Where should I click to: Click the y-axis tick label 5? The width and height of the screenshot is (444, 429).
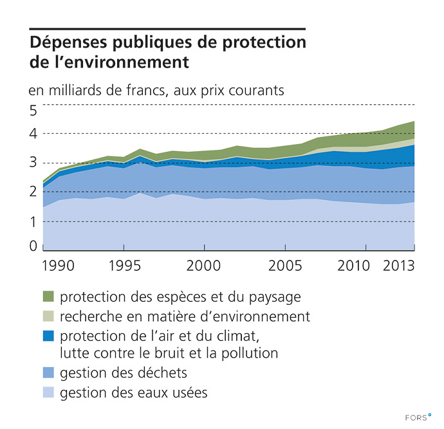coord(33,110)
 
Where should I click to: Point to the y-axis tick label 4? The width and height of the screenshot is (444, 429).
coord(33,134)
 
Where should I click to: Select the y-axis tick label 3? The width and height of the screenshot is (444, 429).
coord(33,163)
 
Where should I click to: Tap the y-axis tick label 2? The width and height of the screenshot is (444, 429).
coord(33,192)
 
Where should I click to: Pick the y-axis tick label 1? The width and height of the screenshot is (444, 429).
coord(33,221)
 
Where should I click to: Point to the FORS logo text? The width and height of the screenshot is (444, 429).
coord(419,417)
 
